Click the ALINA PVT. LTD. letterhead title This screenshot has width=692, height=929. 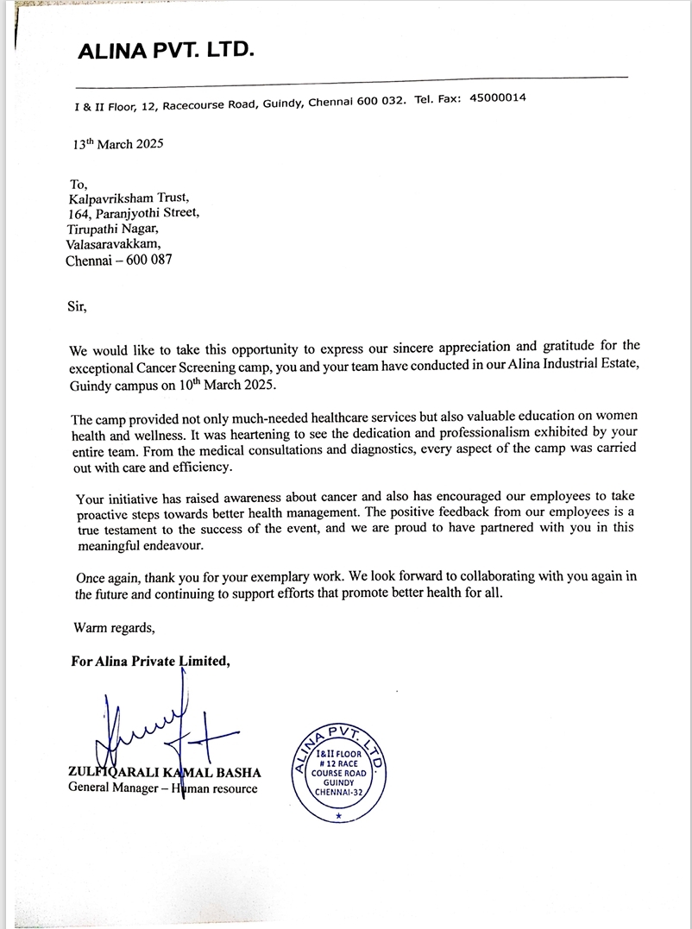coord(166,51)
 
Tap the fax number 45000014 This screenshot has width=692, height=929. coord(498,98)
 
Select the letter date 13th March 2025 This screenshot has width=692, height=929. coord(118,145)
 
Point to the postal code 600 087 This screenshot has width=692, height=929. coord(148,260)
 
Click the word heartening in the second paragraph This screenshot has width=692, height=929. coord(255,434)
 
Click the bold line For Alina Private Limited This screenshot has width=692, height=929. coord(150,662)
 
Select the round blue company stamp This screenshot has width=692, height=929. coord(338,774)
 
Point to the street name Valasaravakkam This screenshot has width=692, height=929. coord(113,244)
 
